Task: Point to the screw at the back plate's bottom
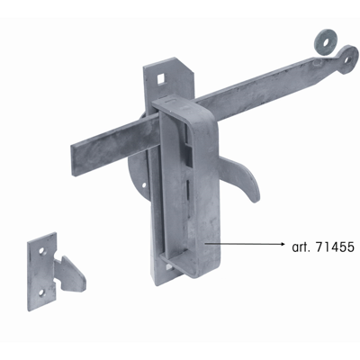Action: (x=168, y=269)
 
